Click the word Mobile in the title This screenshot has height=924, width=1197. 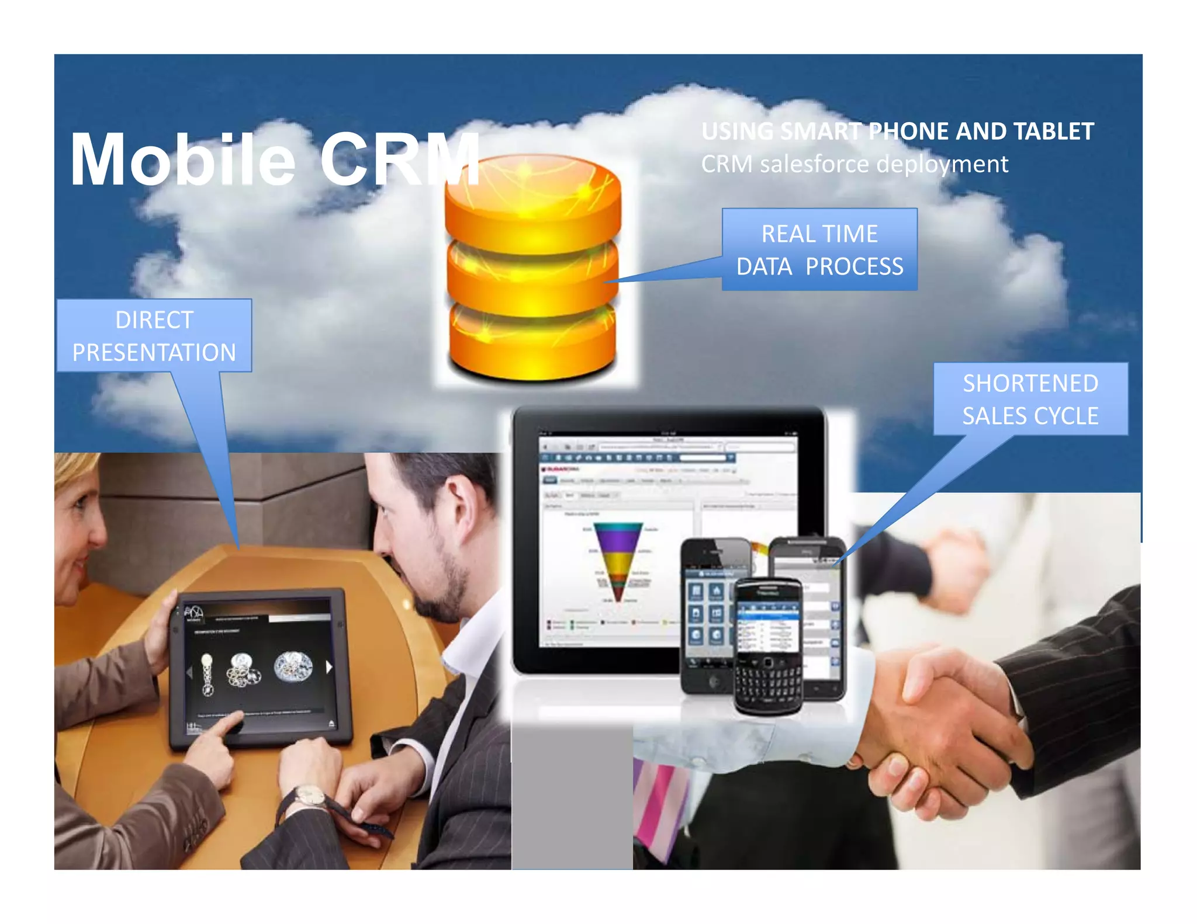point(182,160)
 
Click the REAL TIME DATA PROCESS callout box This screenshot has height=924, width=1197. point(819,250)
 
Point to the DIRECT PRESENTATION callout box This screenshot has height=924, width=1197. point(154,336)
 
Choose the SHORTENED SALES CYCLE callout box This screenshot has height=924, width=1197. point(1030,400)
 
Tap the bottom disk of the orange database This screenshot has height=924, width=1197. point(532,345)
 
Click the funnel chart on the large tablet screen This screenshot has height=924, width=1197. point(618,561)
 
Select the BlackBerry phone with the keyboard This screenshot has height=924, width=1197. point(768,645)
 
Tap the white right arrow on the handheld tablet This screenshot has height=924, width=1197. point(329,666)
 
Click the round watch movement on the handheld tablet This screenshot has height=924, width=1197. point(293,666)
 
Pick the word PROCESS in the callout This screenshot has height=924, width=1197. point(854,267)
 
